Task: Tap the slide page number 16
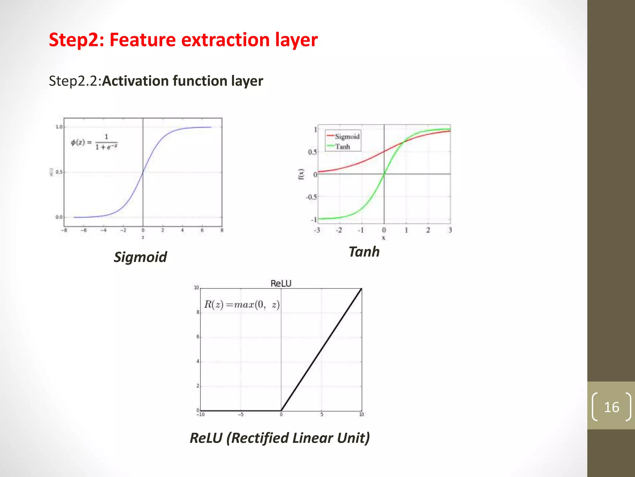tap(611, 407)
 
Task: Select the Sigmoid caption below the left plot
tap(140, 257)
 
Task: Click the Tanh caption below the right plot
tap(364, 252)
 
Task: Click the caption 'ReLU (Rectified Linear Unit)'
tap(280, 438)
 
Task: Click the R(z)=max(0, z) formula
tap(242, 304)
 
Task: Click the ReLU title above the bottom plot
tap(281, 284)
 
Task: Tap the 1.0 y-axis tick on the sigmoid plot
tap(59, 127)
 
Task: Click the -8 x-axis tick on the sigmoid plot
tap(64, 230)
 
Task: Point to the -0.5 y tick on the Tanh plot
tap(311, 197)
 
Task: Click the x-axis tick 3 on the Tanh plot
tap(450, 230)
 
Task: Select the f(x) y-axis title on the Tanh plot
tap(301, 174)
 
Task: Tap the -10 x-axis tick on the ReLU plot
tap(200, 415)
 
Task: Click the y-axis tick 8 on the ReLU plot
tap(198, 312)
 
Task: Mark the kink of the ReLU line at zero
tap(281, 411)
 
